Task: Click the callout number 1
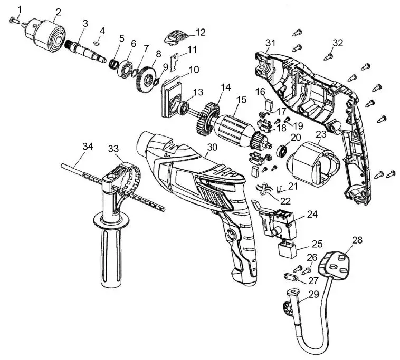(21, 9)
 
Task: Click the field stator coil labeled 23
(311, 163)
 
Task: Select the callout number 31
(271, 42)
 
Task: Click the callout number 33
(113, 148)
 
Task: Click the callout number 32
(338, 43)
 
